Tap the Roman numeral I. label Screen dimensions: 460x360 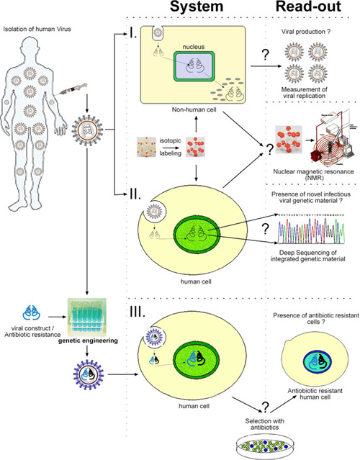click(x=131, y=33)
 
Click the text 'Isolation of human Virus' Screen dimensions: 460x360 click(x=39, y=29)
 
